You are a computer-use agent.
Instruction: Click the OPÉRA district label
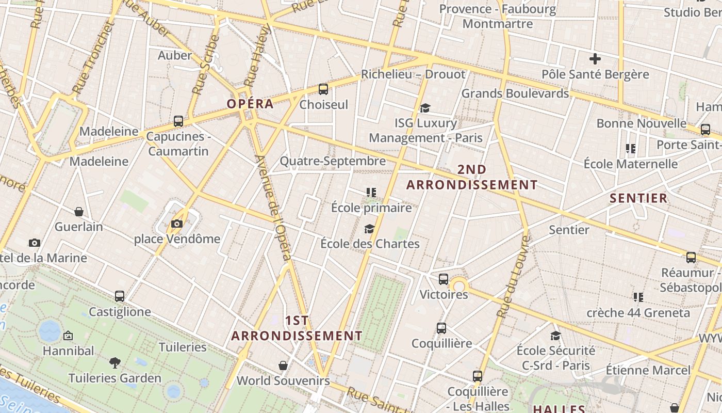click(250, 104)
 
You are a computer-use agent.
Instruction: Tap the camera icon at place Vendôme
click(177, 224)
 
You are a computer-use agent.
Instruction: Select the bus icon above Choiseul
click(323, 89)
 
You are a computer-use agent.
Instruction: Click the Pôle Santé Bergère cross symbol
click(595, 59)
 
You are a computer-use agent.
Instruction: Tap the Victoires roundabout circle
click(458, 285)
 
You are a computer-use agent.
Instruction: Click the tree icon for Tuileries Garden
click(115, 363)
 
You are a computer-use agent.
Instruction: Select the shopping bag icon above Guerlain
click(79, 212)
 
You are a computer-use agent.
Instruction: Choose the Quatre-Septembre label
click(333, 161)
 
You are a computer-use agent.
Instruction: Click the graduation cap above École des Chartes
click(369, 229)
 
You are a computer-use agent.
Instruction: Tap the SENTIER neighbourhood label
click(638, 198)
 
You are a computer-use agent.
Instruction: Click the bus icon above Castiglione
click(120, 296)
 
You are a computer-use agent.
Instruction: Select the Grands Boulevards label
click(515, 93)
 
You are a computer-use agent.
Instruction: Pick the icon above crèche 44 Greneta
click(638, 297)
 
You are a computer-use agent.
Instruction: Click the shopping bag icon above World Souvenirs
click(283, 366)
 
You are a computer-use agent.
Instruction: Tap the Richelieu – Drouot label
click(413, 74)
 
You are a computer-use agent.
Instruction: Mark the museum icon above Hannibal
click(68, 336)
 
